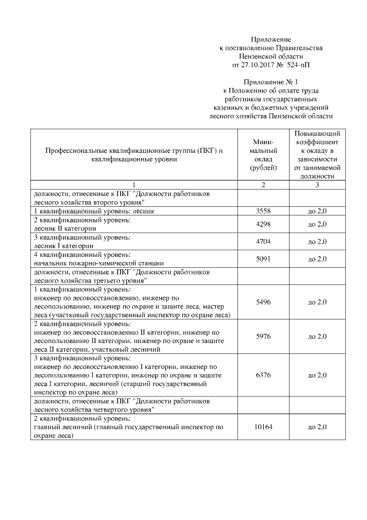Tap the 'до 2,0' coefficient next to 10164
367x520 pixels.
click(317, 427)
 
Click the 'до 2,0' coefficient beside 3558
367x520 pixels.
click(317, 211)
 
